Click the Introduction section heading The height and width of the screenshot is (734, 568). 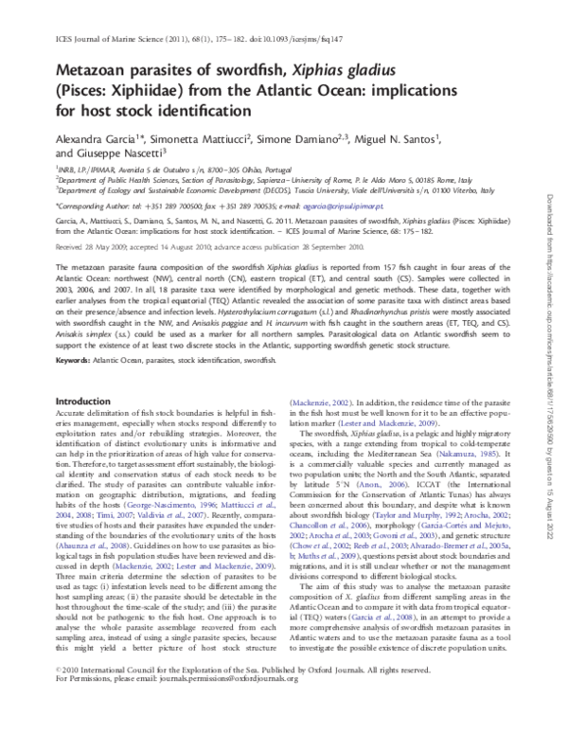point(83,428)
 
